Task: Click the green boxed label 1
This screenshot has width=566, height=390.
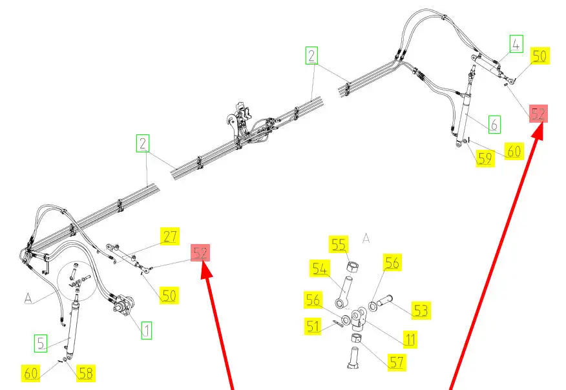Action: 146,331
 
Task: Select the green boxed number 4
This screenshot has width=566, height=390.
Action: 516,44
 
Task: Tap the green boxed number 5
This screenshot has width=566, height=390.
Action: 41,344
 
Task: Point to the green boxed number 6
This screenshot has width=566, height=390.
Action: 494,125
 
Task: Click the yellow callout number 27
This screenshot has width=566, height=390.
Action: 170,236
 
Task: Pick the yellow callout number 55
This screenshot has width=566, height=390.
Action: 338,245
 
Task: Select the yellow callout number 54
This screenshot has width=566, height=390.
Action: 319,269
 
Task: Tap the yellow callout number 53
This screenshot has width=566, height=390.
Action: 421,311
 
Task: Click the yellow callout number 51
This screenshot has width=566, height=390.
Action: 313,327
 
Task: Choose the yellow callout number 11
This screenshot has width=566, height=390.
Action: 410,340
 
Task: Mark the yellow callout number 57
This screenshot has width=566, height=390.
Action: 396,362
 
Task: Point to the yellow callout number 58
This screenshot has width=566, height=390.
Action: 86,373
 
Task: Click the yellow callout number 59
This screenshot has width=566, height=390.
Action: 485,158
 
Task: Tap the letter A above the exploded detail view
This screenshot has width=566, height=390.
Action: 366,238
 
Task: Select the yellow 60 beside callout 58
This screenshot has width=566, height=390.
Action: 30,373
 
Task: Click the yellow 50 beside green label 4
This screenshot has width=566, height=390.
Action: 540,56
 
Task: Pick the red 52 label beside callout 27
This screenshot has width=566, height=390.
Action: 200,252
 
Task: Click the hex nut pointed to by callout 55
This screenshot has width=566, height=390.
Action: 352,267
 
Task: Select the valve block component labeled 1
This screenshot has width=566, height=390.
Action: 123,306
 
